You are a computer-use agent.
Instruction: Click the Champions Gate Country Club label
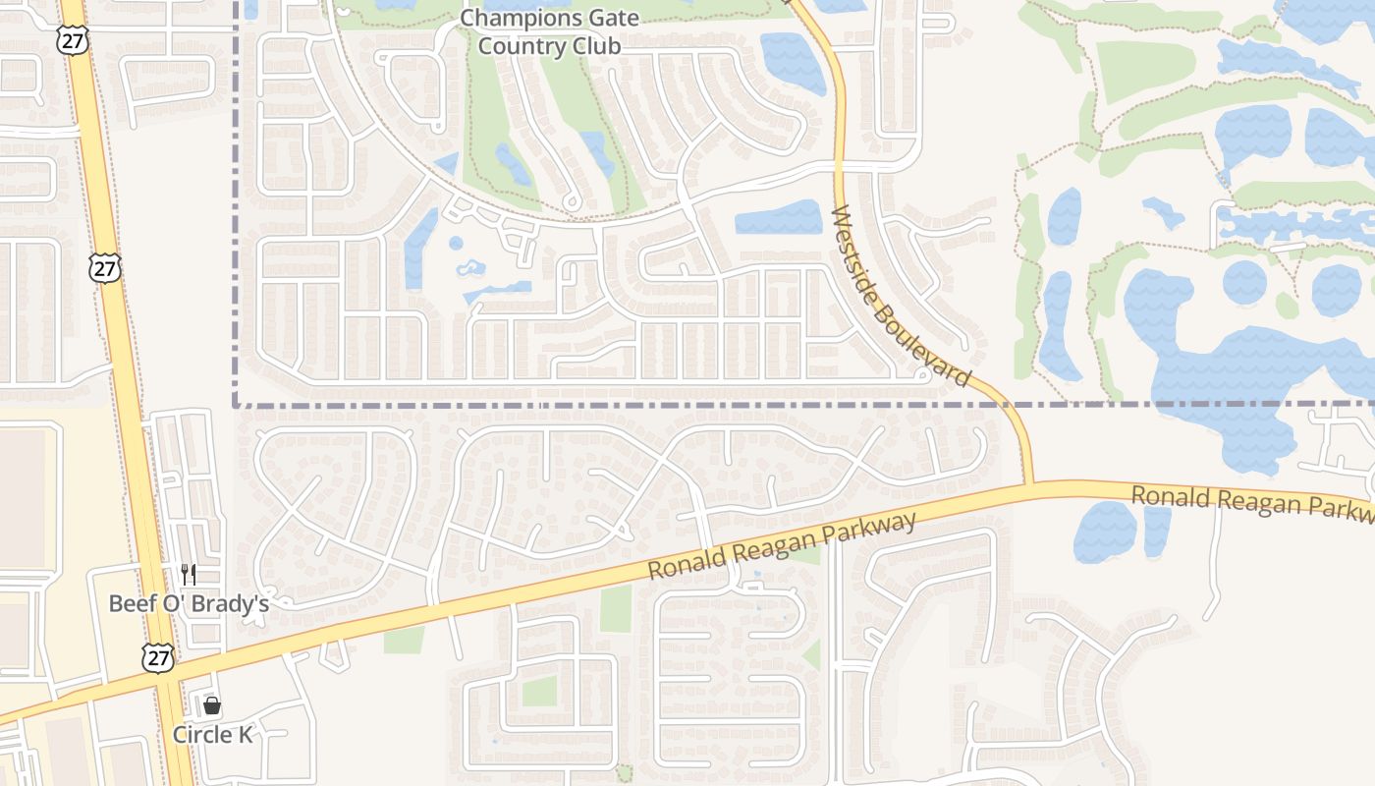coord(549,31)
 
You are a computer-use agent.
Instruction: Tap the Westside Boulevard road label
coord(900,296)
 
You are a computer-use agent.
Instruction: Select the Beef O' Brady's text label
coord(189,603)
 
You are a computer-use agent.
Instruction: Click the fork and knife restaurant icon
coord(188,574)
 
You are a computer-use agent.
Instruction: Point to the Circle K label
coord(213,734)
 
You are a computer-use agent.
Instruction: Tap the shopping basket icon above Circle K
coord(212,705)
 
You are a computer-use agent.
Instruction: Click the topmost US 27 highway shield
coord(71,39)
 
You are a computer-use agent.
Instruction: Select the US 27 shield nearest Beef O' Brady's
coord(157,657)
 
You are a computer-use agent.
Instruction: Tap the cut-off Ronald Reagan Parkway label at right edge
coord(1251,501)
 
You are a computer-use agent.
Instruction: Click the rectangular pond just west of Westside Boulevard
coord(779,217)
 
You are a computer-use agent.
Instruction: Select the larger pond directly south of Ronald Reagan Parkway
coord(1105,532)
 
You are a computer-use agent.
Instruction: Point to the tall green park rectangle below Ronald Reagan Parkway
coord(616,609)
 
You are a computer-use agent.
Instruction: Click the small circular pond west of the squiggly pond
coord(456,243)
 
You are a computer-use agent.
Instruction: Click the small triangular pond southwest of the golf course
coord(447,164)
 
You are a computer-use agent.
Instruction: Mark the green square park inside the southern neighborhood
coord(539,691)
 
